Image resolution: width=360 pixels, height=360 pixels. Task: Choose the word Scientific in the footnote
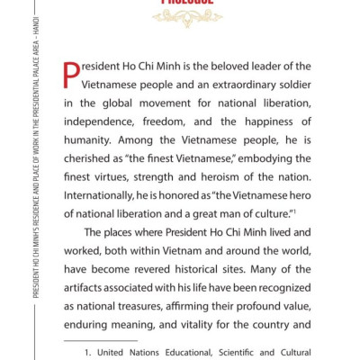[230, 354]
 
